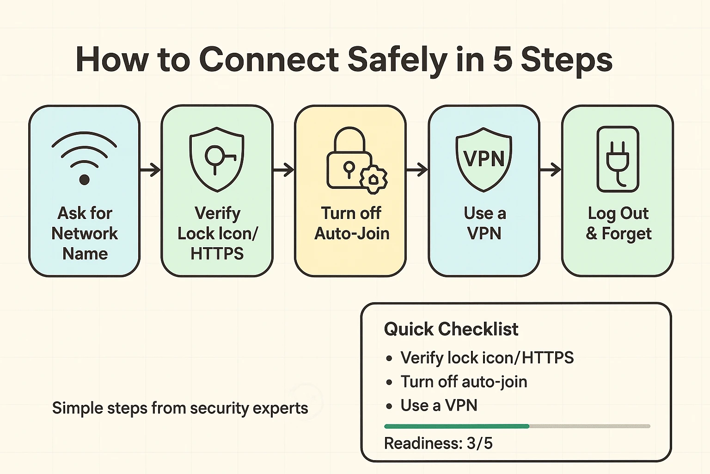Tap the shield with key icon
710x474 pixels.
(x=217, y=159)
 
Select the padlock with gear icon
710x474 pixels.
(x=355, y=160)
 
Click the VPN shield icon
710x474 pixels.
(x=484, y=159)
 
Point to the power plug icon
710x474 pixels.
(x=618, y=159)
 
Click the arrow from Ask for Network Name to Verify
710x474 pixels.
(x=150, y=170)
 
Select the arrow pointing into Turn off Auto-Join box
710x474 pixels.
(x=283, y=170)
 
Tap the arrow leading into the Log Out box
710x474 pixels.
(x=550, y=170)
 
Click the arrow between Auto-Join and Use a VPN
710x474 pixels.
(x=417, y=170)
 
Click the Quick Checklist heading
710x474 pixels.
(x=451, y=329)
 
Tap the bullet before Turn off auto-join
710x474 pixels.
(x=389, y=382)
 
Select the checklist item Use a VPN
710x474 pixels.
(x=439, y=405)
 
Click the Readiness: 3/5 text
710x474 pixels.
(x=438, y=443)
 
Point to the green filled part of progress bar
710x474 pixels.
(x=456, y=426)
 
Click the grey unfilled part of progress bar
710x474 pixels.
(x=589, y=426)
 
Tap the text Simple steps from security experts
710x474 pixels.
(x=180, y=408)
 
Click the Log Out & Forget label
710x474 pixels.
(x=618, y=224)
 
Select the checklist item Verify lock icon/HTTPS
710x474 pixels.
(x=487, y=358)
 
